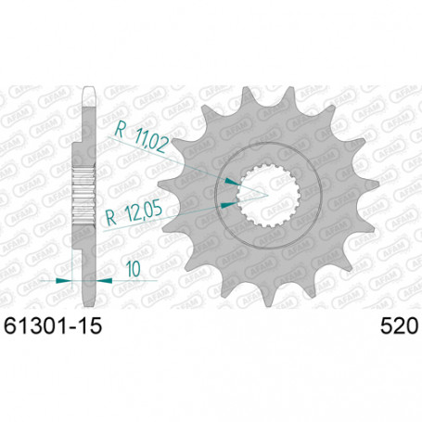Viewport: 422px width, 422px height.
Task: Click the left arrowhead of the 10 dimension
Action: [65, 279]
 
